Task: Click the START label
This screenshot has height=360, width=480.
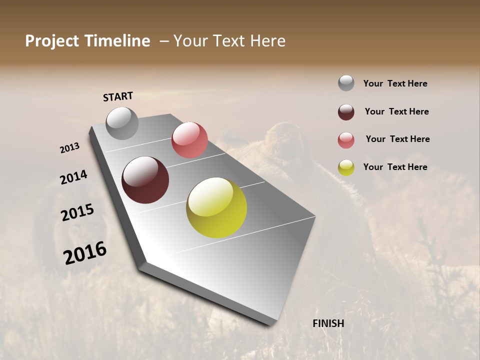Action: point(118,96)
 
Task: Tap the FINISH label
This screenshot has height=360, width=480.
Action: point(328,323)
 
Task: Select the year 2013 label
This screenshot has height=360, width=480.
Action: point(70,148)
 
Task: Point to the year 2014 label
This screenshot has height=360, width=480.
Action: point(73,177)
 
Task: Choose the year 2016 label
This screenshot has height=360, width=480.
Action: point(85,253)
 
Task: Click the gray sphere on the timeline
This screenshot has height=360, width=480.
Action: point(122,123)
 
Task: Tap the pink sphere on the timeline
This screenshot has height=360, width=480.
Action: point(189,139)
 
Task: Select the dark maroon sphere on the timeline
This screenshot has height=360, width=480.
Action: point(145,180)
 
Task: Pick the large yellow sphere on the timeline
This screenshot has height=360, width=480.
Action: point(216,207)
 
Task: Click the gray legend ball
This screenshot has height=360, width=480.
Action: point(346,83)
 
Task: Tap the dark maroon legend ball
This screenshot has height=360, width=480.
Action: point(346,112)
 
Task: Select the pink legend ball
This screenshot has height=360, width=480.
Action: point(346,140)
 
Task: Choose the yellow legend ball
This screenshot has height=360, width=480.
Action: point(346,167)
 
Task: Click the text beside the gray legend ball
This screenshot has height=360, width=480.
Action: point(395,83)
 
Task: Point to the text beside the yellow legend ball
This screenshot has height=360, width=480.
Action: point(395,167)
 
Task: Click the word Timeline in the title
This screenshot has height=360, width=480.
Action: point(117,41)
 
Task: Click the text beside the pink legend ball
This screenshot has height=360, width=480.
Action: point(397,139)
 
